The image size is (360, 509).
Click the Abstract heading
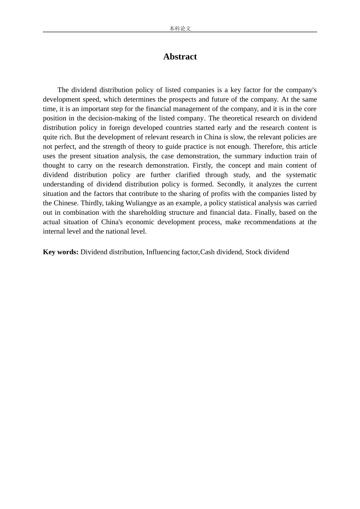click(180, 57)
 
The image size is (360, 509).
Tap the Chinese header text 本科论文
click(180, 28)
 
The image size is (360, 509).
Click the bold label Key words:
click(61, 252)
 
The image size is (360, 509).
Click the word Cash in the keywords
click(207, 252)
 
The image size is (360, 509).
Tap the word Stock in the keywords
click(254, 252)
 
